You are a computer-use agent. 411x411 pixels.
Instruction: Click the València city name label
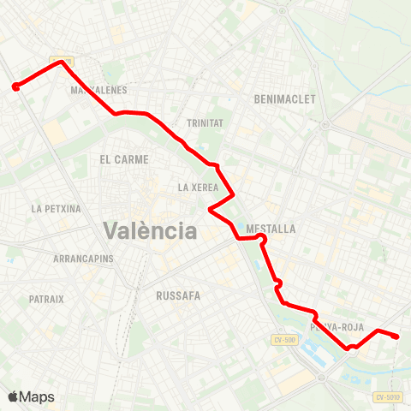pos(150,230)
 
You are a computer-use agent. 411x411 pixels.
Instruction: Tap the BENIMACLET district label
pos(285,99)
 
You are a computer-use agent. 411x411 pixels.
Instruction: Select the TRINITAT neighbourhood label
pos(204,123)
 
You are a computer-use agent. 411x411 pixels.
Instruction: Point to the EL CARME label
pos(124,159)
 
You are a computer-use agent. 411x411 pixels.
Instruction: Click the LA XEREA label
pos(198,188)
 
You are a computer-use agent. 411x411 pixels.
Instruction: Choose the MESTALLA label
pos(271,229)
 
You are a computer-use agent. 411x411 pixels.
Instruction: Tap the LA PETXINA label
pos(56,208)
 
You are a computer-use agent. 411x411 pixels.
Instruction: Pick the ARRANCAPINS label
pos(84,259)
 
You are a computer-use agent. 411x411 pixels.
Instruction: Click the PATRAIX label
pos(46,299)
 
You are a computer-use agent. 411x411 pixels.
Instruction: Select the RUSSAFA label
pos(178,295)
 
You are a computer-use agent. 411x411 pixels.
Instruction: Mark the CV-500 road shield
pos(285,340)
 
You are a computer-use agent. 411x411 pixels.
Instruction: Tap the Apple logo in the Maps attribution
pos(13,396)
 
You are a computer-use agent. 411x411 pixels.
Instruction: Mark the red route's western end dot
pos(15,86)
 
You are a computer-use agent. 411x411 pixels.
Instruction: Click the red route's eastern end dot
pos(396,337)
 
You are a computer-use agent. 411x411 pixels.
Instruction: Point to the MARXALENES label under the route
pos(100,90)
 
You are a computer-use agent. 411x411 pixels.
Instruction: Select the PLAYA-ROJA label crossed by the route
pos(330,327)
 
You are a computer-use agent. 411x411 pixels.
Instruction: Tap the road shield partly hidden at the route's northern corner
pos(68,62)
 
